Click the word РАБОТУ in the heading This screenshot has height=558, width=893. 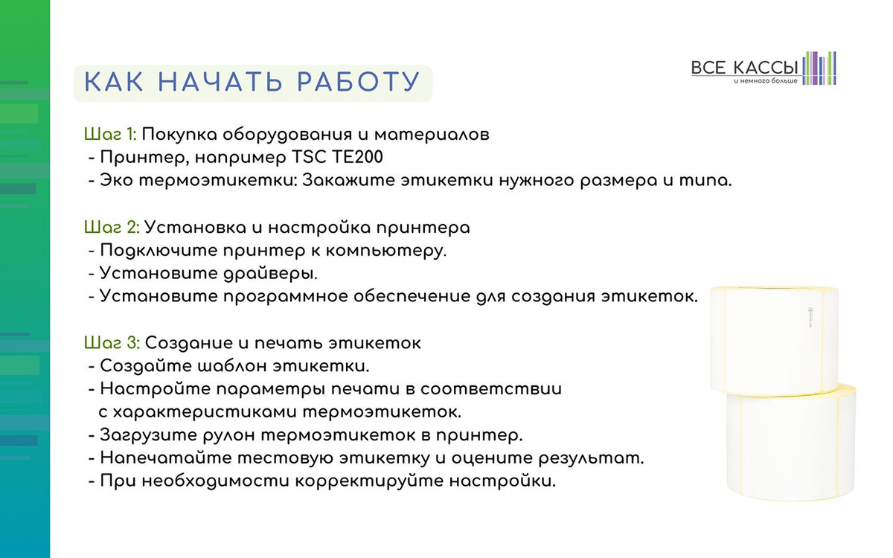coord(359,82)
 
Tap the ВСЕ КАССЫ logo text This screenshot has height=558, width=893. coord(744,68)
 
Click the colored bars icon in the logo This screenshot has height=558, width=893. coord(819,68)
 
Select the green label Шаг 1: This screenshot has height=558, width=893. coord(110,135)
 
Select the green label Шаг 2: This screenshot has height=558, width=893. coord(112,228)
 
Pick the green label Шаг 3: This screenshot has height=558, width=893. coord(112,343)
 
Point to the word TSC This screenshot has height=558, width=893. coord(309,157)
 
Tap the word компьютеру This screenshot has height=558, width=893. coord(386,251)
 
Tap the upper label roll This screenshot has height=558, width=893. coord(774,341)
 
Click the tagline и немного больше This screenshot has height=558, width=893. coord(766,81)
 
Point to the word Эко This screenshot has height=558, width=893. coord(116,180)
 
